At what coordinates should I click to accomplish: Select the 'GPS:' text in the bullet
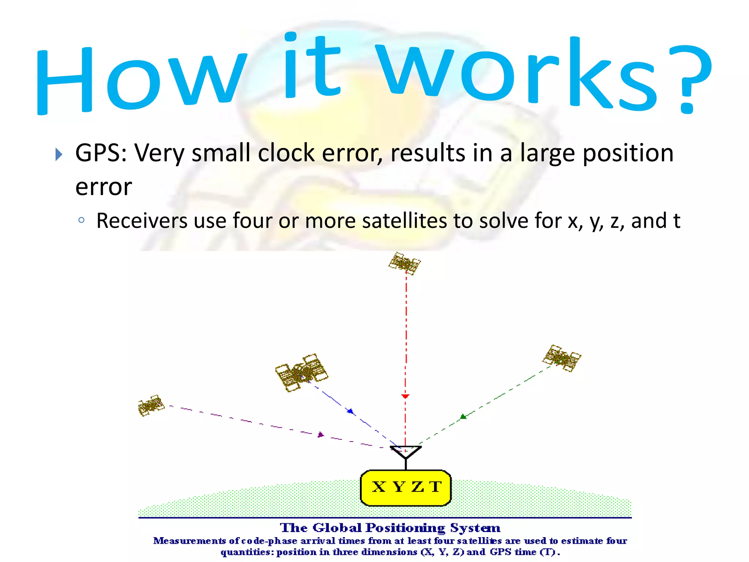(x=101, y=153)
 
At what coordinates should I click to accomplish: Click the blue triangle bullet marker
(x=59, y=154)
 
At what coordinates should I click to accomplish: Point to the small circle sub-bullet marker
(x=82, y=220)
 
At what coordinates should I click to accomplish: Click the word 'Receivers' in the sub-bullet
(x=141, y=221)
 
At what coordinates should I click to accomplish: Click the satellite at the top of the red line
(x=404, y=263)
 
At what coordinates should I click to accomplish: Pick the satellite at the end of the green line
(x=561, y=358)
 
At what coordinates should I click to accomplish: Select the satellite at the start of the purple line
(x=151, y=405)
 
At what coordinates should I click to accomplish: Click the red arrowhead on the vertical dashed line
(x=405, y=396)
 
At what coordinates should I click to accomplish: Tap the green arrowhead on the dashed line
(x=463, y=416)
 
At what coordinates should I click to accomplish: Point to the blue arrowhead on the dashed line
(x=350, y=411)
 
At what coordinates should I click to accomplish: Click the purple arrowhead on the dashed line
(x=321, y=434)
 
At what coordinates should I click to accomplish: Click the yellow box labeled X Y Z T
(x=406, y=488)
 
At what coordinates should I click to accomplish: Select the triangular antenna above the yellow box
(x=406, y=452)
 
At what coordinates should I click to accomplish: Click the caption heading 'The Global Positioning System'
(x=390, y=528)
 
